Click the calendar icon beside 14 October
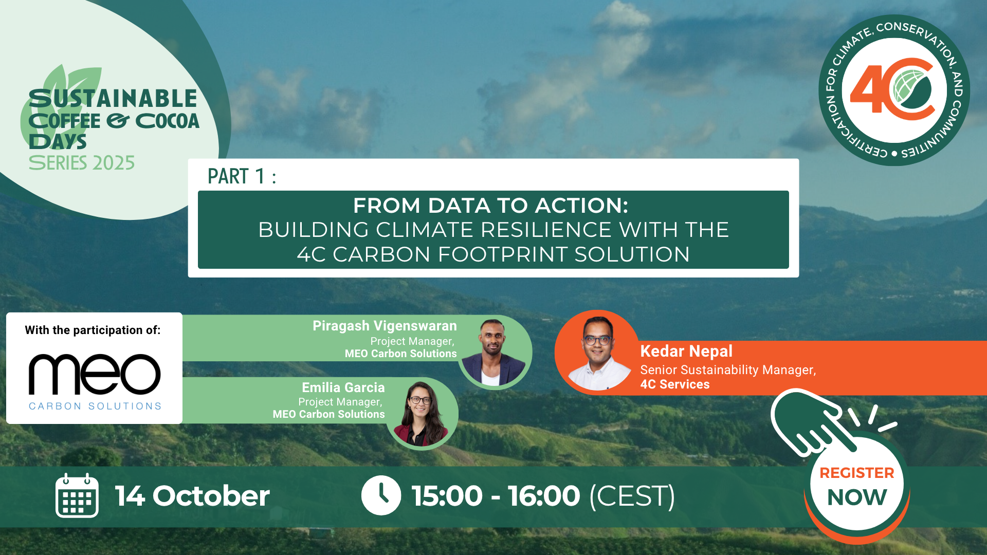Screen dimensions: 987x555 point(77,495)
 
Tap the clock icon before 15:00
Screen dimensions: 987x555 point(381,495)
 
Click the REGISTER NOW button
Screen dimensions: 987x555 point(857,486)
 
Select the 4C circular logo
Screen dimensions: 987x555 point(894,90)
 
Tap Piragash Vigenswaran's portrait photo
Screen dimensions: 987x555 point(494,353)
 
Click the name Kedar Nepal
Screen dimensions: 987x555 point(686,351)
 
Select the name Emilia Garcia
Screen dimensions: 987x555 point(343,387)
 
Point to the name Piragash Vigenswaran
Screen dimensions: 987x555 point(385,326)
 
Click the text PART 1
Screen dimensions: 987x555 point(236,176)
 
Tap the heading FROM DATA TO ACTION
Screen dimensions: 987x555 point(491,206)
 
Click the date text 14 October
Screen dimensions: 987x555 point(192,496)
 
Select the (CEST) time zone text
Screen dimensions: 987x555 point(632,496)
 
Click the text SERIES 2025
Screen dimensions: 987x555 point(82,163)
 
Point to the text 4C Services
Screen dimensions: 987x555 point(674,384)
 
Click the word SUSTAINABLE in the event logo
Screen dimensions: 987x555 point(113,98)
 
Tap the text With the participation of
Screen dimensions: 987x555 point(93,330)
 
